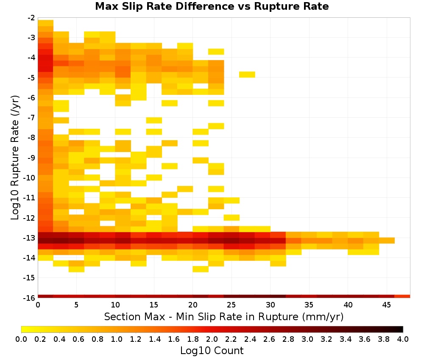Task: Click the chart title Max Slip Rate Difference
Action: click(x=165, y=6)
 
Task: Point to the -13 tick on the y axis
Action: click(x=32, y=238)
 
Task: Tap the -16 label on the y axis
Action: click(x=32, y=298)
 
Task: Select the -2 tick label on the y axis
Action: click(x=32, y=18)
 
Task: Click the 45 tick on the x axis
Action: click(x=387, y=305)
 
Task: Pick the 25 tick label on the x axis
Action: click(x=232, y=305)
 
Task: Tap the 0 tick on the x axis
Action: click(x=38, y=305)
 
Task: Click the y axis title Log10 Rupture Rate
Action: click(x=15, y=158)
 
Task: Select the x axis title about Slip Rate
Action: click(x=224, y=317)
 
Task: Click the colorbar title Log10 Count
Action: click(x=212, y=351)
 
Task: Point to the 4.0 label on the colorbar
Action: click(x=403, y=339)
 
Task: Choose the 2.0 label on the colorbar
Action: click(x=212, y=339)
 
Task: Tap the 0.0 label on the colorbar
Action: click(x=21, y=339)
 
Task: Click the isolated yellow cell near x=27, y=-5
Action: click(x=247, y=75)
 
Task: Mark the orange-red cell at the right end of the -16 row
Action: click(x=402, y=296)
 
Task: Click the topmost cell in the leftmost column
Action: click(x=46, y=23)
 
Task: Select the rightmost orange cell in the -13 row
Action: click(x=387, y=241)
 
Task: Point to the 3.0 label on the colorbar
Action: click(x=307, y=339)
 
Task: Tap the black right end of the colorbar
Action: click(x=401, y=329)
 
